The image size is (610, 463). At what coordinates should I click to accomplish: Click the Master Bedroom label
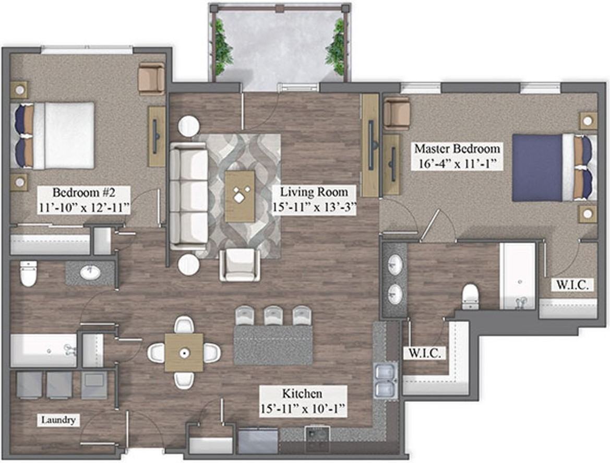tap(457, 149)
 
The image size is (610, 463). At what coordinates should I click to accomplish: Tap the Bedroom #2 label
tap(84, 193)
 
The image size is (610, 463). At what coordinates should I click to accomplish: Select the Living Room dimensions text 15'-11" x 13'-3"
tap(314, 207)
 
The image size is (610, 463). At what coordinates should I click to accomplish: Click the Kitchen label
tap(302, 394)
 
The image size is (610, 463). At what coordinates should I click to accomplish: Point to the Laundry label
tap(58, 420)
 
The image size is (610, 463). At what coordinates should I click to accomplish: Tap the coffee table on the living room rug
tap(240, 196)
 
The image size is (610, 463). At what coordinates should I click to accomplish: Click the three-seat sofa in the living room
tap(188, 196)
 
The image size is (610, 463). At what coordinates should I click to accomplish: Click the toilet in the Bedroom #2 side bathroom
tap(28, 273)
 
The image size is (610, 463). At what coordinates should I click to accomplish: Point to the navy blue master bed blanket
tap(537, 168)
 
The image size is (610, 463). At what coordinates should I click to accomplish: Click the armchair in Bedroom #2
tap(151, 79)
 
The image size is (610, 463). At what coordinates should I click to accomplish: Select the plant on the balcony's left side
tap(222, 46)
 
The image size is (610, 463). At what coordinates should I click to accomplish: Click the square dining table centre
tap(184, 352)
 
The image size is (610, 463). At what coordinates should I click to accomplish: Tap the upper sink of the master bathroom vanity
tap(396, 265)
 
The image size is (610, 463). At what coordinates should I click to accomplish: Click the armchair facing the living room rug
tap(240, 265)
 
